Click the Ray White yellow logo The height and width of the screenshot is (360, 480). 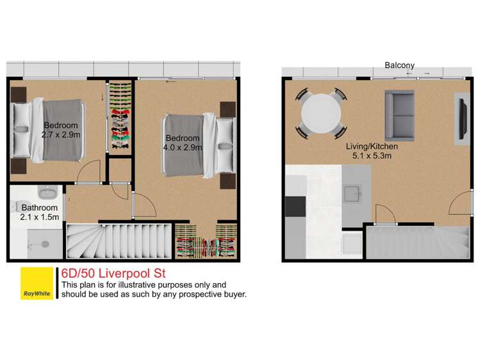click(38, 282)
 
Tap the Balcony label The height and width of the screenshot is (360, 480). click(399, 65)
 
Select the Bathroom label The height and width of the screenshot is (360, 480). click(40, 208)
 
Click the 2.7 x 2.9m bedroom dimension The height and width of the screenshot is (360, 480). click(60, 135)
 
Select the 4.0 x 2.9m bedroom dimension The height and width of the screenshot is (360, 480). click(183, 147)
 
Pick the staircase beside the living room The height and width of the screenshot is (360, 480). click(417, 243)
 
